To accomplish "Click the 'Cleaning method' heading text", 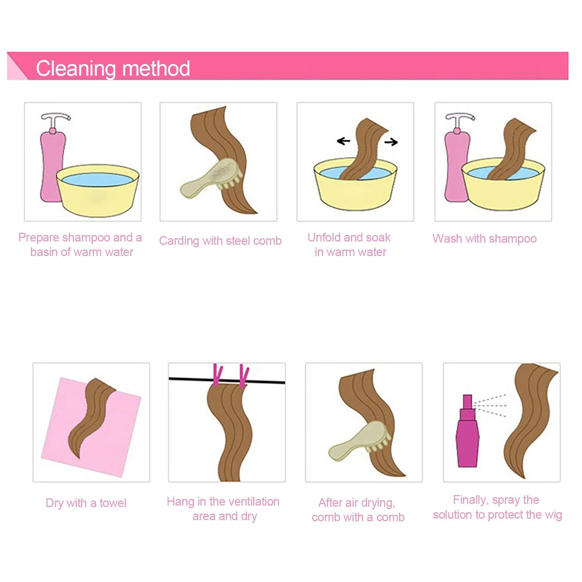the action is pos(113,68).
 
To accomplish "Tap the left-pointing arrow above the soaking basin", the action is pos(343,141).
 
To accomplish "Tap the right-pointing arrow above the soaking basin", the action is pos(391,142).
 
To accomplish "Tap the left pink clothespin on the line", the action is pos(217,375).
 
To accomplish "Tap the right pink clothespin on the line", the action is pos(244,376).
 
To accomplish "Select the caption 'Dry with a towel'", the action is pos(86,503).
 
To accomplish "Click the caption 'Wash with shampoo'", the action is pos(485,239).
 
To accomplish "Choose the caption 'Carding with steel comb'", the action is pos(220,241).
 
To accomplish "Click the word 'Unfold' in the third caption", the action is pos(324,238).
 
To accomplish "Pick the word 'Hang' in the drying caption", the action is pos(180,502).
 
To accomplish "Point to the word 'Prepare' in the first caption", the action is pos(39,238).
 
